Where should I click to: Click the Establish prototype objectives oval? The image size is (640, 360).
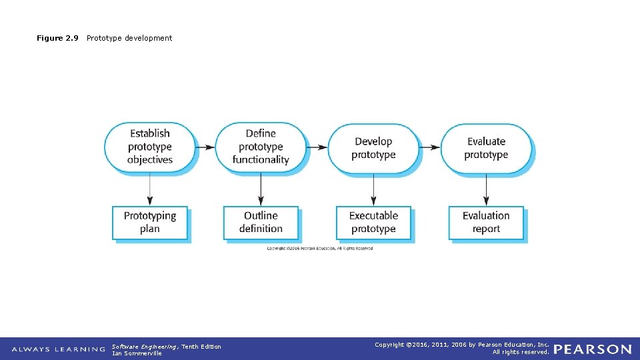(x=150, y=147)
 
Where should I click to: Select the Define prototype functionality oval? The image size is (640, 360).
(x=261, y=147)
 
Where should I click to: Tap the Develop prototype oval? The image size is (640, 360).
(x=373, y=147)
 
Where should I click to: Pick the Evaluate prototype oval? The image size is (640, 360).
(x=486, y=147)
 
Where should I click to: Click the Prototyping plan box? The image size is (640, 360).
(x=150, y=222)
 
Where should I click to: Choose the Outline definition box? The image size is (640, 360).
(x=261, y=222)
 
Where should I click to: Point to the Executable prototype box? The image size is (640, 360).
(x=373, y=222)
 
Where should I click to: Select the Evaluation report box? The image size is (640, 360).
(x=486, y=222)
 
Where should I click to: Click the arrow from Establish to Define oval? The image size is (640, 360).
(x=206, y=147)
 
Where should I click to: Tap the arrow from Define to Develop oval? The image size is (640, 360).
(x=317, y=147)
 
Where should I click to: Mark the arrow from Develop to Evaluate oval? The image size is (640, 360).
(x=430, y=147)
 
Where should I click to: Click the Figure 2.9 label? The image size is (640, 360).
(x=57, y=38)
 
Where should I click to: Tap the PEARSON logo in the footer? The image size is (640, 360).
(x=592, y=349)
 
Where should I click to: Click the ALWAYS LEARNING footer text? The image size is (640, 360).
(x=59, y=349)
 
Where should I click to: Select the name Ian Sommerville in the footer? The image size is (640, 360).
(x=137, y=353)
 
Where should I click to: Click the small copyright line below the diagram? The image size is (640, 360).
(x=320, y=249)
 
